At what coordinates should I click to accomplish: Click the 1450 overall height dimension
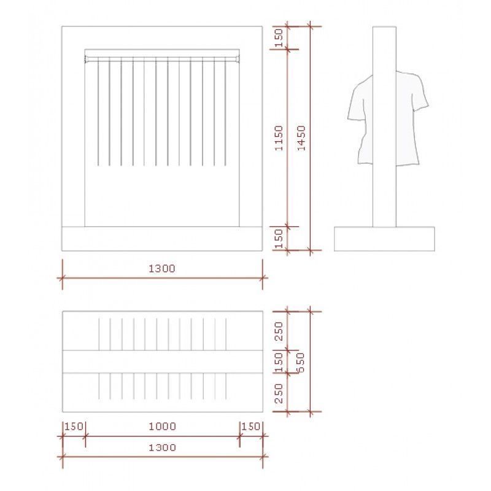point(300,138)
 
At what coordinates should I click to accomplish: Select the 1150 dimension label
point(279,138)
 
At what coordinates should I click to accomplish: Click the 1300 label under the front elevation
point(162,268)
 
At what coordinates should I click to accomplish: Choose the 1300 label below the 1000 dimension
point(162,447)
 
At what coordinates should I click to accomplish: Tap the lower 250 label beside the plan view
point(279,393)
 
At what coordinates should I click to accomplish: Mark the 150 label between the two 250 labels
point(279,361)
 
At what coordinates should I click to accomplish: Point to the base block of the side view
point(384,239)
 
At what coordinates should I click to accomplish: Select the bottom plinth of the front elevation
point(162,239)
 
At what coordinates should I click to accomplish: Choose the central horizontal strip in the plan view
point(162,361)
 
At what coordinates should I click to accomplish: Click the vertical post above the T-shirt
point(385,49)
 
